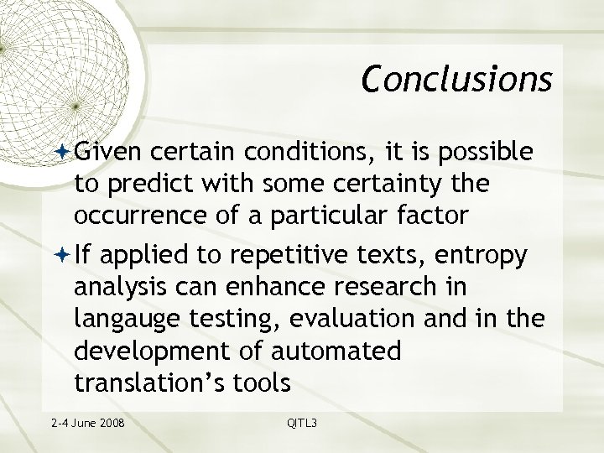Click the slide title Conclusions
tap(456, 78)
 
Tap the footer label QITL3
tap(302, 423)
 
